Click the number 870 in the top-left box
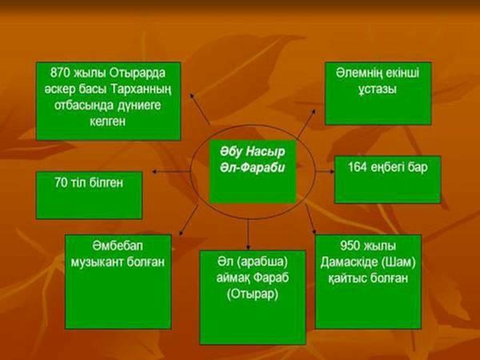tap(60, 73)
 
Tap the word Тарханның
tap(141, 90)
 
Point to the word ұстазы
tap(378, 90)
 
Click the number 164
tap(358, 167)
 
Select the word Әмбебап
tap(118, 246)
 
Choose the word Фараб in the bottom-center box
tap(271, 278)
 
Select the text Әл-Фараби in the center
tap(252, 167)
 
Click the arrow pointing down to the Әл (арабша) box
tap(248, 234)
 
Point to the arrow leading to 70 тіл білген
tap(171, 172)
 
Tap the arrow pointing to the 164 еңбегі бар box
tap(325, 172)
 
